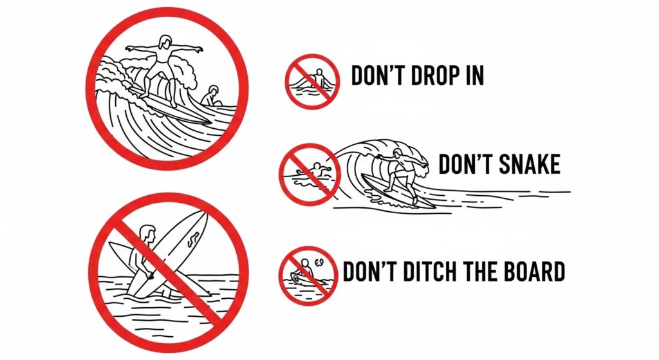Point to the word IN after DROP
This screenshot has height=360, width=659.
click(x=472, y=77)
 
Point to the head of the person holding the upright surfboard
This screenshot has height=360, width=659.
click(x=148, y=232)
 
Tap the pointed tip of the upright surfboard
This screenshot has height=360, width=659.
click(x=205, y=214)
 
